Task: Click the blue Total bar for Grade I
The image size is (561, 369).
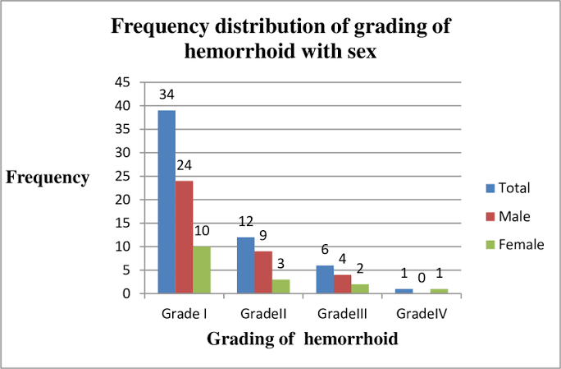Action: pos(166,202)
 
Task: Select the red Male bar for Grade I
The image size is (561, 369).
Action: pos(185,237)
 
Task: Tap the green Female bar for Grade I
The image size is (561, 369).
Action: pos(202,270)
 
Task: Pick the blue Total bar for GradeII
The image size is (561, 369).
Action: pos(246,265)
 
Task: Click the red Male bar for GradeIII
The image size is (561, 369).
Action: pos(342,284)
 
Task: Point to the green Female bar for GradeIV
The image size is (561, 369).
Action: pos(439,291)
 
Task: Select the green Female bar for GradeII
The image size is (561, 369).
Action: pos(280,287)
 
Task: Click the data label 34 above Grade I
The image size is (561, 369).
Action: pos(166,95)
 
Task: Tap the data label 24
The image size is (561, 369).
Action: pos(185,165)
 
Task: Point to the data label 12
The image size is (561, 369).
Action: pos(246,222)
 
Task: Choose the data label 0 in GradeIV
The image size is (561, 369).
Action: pos(422,278)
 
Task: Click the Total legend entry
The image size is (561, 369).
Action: pos(508,188)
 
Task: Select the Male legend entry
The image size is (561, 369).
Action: pos(508,216)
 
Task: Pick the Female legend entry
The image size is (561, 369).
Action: pos(515,245)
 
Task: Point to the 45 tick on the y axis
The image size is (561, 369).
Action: pos(123,82)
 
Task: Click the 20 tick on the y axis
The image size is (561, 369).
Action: pos(123,200)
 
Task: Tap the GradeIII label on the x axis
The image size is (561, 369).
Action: pos(342,314)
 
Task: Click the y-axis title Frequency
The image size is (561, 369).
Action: pos(48,178)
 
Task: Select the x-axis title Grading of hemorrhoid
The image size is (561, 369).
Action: pos(303,339)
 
